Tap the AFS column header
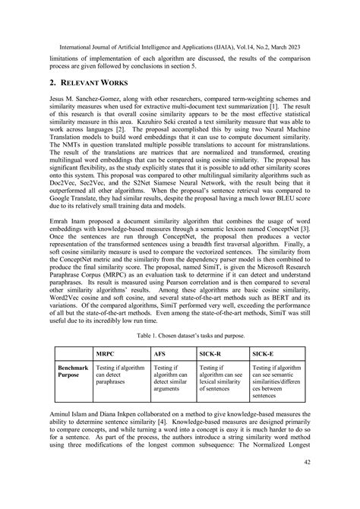(x=160, y=353)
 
